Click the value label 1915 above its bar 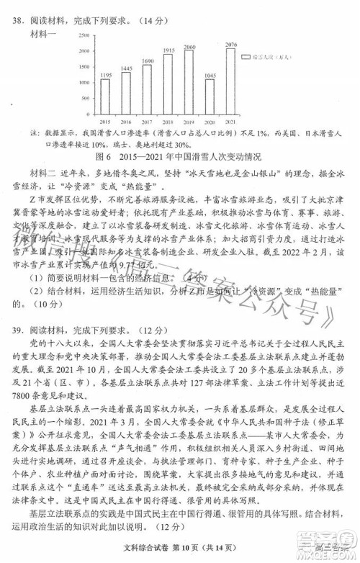tap(168, 50)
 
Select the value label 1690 tap(147, 60)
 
